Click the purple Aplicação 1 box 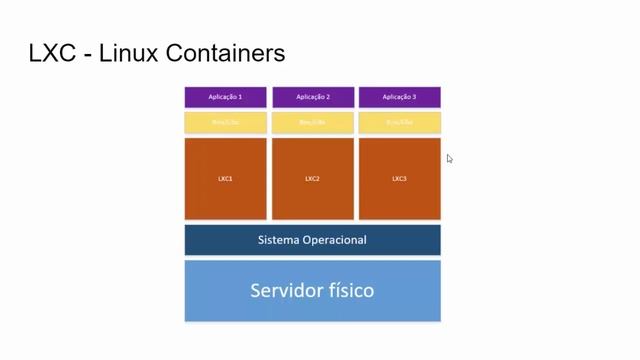(x=225, y=97)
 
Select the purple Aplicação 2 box (x=312, y=97)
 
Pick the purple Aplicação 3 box (x=399, y=97)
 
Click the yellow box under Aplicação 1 (x=225, y=123)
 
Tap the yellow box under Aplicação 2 (x=312, y=123)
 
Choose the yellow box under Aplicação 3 (x=399, y=123)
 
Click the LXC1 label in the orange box (x=225, y=179)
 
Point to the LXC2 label (x=312, y=179)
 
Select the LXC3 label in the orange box (x=399, y=179)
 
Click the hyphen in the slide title (x=89, y=54)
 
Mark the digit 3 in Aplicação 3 (x=414, y=97)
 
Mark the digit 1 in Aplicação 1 (x=240, y=97)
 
